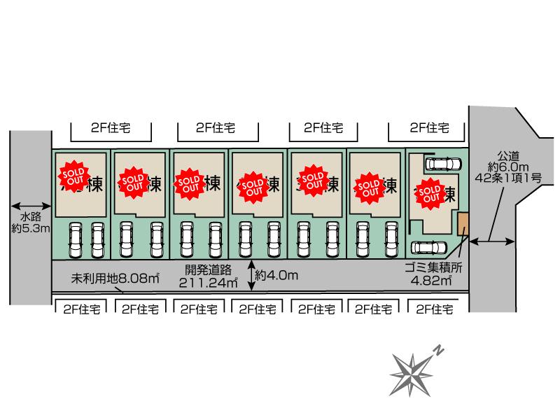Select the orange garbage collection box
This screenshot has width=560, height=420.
click(463, 225)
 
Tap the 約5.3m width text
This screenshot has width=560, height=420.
click(31, 228)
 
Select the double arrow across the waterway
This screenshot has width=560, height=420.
click(31, 206)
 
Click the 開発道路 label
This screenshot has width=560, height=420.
click(208, 269)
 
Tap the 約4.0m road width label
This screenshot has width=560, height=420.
click(277, 275)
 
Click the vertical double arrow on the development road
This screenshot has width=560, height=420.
click(251, 274)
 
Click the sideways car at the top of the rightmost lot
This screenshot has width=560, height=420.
click(442, 164)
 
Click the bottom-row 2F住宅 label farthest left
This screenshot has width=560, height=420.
click(81, 308)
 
